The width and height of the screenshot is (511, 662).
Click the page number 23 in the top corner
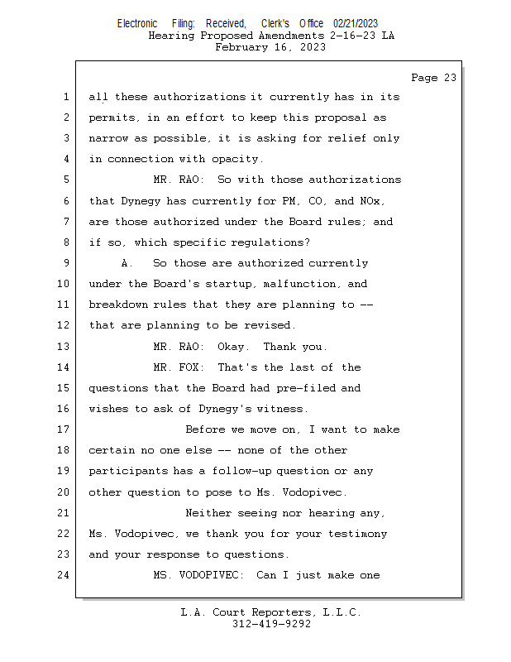click(450, 78)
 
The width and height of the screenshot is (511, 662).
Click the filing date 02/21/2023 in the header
click(356, 23)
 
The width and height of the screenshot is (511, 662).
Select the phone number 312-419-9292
click(271, 624)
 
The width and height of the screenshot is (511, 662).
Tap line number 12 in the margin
click(64, 325)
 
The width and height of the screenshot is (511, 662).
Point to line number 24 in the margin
click(64, 575)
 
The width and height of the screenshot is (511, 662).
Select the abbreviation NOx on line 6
click(372, 201)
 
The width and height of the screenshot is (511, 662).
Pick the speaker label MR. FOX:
click(179, 367)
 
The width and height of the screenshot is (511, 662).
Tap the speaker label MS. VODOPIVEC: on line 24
click(198, 575)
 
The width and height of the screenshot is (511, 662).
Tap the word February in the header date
click(241, 47)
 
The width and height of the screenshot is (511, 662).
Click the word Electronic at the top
click(137, 23)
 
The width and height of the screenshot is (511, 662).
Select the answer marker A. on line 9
click(127, 263)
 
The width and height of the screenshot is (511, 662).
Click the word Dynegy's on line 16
click(224, 409)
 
